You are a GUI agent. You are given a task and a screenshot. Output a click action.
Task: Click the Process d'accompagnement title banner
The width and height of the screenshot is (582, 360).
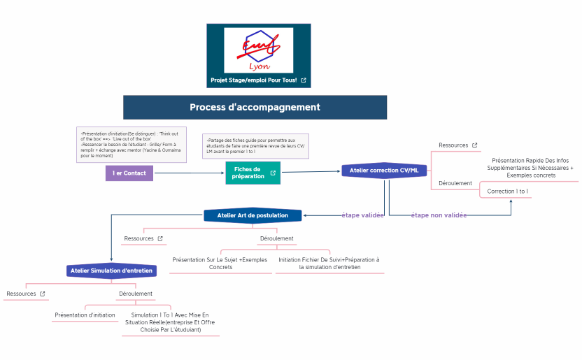click(255, 107)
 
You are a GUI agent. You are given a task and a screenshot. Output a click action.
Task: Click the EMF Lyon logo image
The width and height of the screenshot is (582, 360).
click(258, 50)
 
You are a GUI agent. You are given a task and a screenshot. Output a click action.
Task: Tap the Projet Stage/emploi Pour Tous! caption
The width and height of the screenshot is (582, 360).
click(253, 80)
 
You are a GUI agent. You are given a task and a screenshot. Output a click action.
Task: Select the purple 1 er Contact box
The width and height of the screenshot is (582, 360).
click(129, 173)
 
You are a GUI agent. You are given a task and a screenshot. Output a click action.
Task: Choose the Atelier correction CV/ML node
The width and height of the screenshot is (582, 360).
click(384, 170)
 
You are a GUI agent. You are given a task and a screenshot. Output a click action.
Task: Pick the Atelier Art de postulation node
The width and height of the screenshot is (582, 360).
click(253, 215)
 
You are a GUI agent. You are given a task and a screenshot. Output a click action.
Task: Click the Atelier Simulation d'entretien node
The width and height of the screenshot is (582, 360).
click(111, 270)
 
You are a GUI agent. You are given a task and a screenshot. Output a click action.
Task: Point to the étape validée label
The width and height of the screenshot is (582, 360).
click(362, 215)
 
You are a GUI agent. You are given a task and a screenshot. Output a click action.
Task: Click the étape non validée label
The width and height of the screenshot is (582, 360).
click(439, 215)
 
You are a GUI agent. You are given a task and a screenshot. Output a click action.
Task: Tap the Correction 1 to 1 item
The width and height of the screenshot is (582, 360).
click(507, 191)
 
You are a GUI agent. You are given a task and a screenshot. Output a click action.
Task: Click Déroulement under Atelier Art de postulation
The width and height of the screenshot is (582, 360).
click(276, 238)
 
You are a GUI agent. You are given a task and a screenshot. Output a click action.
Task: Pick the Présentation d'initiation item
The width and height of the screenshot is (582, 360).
click(85, 315)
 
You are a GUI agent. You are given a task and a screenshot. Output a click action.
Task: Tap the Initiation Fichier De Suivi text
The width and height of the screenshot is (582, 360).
click(329, 263)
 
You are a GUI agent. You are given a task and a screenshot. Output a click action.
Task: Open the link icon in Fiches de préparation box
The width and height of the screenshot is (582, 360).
click(273, 173)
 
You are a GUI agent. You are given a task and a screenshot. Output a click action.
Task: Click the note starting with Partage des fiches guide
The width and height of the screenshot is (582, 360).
click(255, 145)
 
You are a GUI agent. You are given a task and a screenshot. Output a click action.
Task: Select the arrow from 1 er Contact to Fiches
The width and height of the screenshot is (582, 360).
click(189, 173)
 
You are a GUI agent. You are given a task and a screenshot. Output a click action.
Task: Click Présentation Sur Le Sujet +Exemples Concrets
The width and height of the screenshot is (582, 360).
click(220, 263)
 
